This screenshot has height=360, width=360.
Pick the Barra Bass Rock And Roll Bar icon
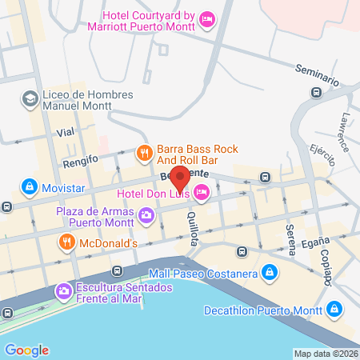point(144,151)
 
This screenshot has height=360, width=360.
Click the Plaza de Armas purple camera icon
point(146,214)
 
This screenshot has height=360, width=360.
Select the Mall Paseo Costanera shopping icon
point(270,272)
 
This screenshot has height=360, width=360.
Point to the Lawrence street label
point(342,129)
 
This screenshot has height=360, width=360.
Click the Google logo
point(27,350)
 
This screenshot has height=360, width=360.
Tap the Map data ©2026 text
point(324,354)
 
